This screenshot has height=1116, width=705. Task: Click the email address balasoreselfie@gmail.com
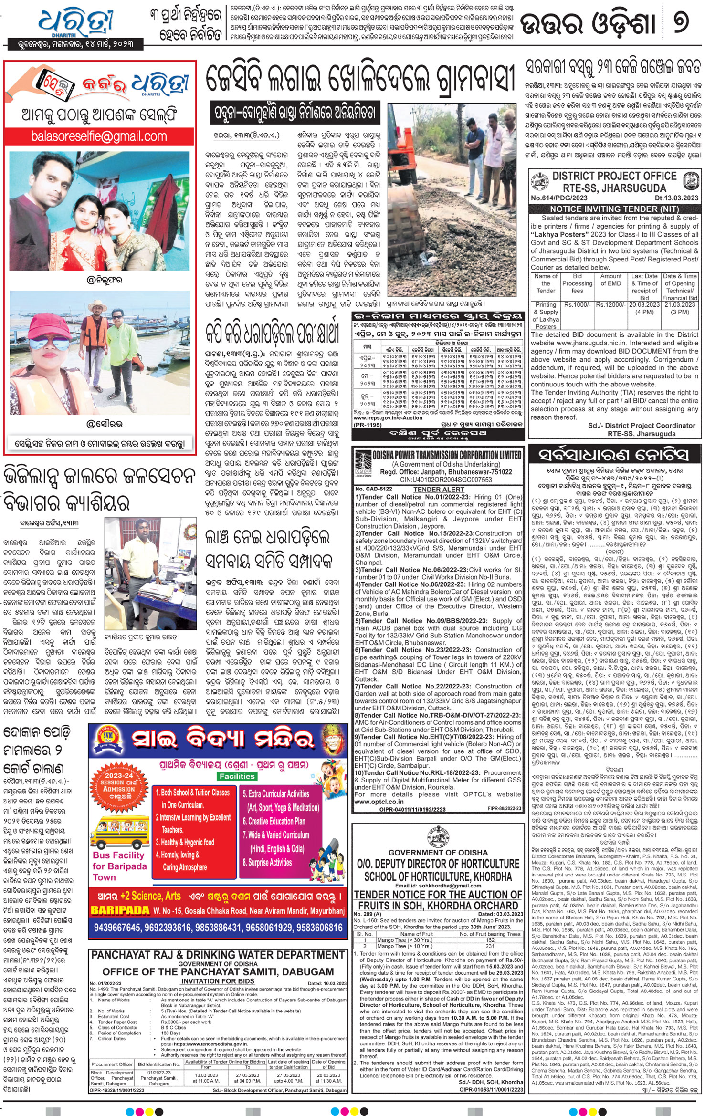99,136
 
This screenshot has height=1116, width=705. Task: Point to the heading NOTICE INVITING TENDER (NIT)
614,209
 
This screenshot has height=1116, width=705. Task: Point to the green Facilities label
237,776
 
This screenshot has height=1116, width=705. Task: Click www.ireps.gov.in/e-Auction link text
388,417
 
